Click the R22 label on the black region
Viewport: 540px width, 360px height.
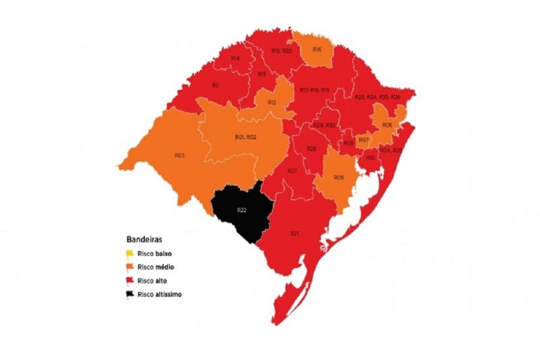pyautogui.click(x=241, y=209)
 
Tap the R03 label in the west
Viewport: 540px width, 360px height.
pyautogui.click(x=180, y=155)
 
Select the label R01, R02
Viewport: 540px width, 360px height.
pyautogui.click(x=245, y=137)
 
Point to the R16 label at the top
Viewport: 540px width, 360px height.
pyautogui.click(x=317, y=50)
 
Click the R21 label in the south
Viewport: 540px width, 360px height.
pyautogui.click(x=294, y=233)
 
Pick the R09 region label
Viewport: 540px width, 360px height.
pyautogui.click(x=339, y=178)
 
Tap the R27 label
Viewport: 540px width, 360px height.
pyautogui.click(x=292, y=171)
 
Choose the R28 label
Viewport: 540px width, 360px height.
pyautogui.click(x=311, y=148)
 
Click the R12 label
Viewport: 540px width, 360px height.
pyautogui.click(x=271, y=102)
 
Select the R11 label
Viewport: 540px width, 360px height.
pyautogui.click(x=215, y=85)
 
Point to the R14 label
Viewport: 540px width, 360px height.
pyautogui.click(x=235, y=58)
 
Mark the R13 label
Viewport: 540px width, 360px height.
pyautogui.click(x=261, y=73)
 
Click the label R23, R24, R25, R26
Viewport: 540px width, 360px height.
pyautogui.click(x=377, y=97)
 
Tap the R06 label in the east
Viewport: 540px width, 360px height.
pyautogui.click(x=387, y=125)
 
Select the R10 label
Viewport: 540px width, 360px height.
pyautogui.click(x=370, y=157)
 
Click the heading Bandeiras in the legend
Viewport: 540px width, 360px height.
pyautogui.click(x=142, y=238)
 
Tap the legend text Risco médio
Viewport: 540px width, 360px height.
pyautogui.click(x=156, y=267)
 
